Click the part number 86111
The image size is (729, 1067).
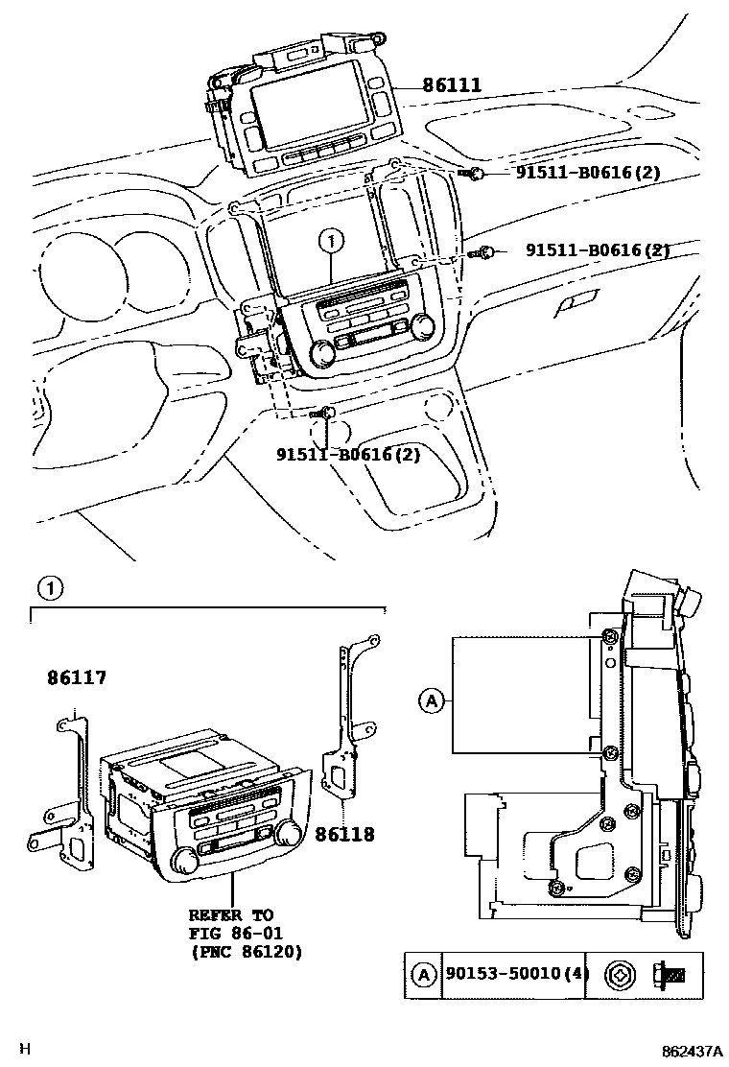click(451, 85)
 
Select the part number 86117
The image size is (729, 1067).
click(77, 678)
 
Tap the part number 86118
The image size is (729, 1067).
click(344, 835)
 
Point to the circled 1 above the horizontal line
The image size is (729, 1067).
click(50, 587)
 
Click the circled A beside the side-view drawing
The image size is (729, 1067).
click(431, 701)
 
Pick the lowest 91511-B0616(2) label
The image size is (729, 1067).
click(348, 454)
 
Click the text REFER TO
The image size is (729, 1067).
click(229, 915)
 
